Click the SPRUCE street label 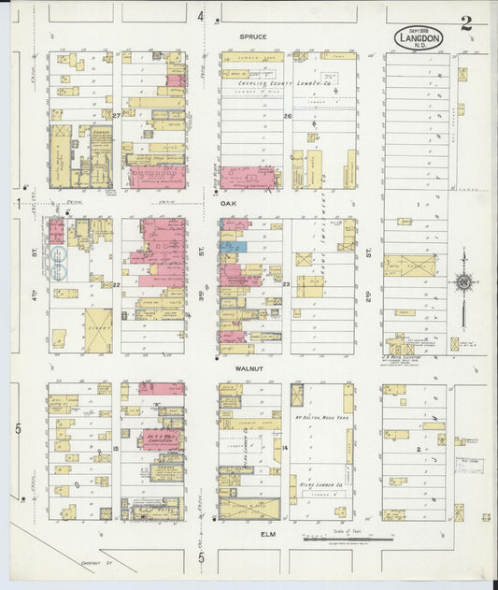coord(252,37)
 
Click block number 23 coord(287,283)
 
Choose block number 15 coord(116,450)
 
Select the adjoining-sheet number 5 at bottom coord(201,558)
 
